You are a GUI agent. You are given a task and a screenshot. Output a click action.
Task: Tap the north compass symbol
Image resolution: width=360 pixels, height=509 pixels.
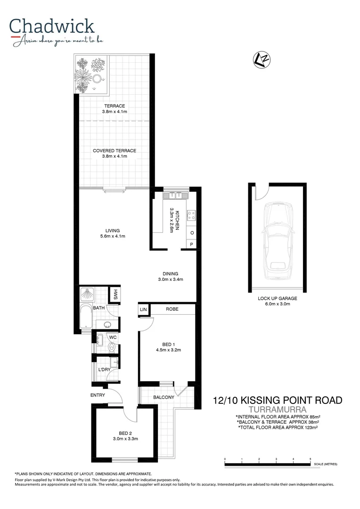[262, 59]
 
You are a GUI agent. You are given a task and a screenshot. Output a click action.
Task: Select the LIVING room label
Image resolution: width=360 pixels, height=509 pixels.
[113, 230]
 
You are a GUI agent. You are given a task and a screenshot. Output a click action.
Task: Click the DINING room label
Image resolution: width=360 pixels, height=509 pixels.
[171, 273]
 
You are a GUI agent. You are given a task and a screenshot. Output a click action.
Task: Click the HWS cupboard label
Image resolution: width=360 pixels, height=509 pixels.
[115, 295]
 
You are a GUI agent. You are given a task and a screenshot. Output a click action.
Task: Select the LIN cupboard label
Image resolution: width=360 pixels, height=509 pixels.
[143, 309]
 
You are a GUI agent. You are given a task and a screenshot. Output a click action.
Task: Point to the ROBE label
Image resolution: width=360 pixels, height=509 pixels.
[171, 309]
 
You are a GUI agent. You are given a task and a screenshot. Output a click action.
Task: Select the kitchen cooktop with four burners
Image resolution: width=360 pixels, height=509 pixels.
[192, 215]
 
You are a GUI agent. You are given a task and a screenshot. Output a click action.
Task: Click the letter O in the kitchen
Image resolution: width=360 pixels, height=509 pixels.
[192, 233]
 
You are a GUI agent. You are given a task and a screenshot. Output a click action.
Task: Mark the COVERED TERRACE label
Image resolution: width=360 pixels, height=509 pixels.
[114, 151]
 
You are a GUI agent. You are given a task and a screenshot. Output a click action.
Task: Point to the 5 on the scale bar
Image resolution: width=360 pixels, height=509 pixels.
[310, 459]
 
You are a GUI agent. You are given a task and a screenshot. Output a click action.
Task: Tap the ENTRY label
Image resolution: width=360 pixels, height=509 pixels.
[98, 395]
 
